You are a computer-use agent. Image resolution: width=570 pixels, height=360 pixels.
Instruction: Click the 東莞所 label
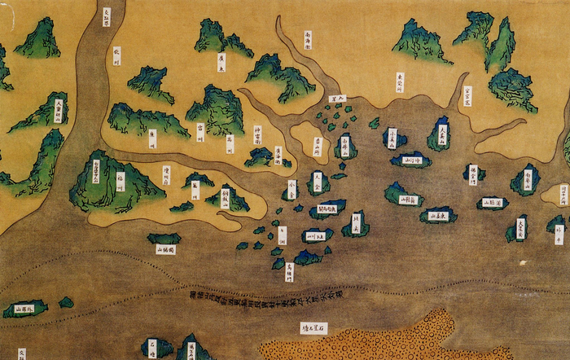tap(400, 82)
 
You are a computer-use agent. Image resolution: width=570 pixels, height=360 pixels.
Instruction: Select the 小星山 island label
tap(392, 137)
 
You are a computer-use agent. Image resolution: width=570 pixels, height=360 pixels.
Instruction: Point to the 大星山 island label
tap(442, 134)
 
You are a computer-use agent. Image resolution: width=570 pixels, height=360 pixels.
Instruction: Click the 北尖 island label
tap(355, 222)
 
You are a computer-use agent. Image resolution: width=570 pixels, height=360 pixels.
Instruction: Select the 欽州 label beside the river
tap(116, 55)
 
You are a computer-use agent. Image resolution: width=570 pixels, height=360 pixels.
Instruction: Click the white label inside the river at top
tap(107, 16)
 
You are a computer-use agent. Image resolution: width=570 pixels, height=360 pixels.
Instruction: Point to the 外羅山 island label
tap(20, 309)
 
